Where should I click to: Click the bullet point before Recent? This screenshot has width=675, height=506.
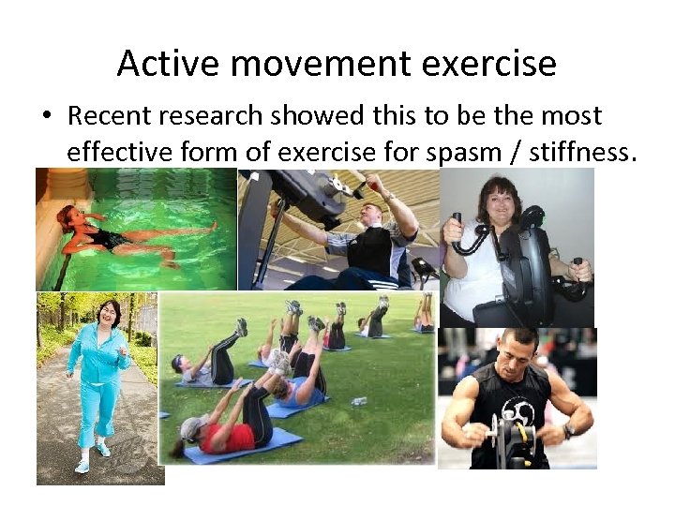(x=46, y=117)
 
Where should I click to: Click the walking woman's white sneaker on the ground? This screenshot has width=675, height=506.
(x=82, y=465)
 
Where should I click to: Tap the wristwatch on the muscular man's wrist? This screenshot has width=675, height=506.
(x=568, y=432)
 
